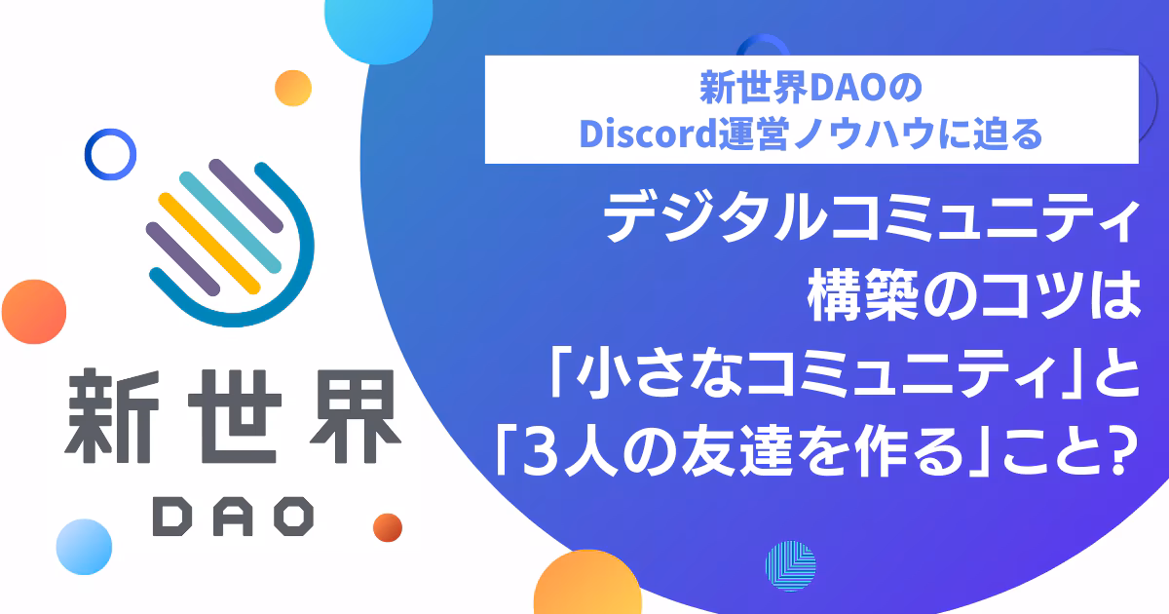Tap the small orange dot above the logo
[x=293, y=89]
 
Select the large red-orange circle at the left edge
[x=34, y=312]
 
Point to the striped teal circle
[x=791, y=566]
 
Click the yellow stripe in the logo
[x=209, y=244]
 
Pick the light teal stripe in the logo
[x=230, y=222]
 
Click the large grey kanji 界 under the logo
[x=356, y=416]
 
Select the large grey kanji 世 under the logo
[x=235, y=416]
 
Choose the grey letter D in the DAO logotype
[x=172, y=516]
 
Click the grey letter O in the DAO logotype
[x=294, y=516]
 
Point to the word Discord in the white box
[x=648, y=134]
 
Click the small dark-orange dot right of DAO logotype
[x=388, y=527]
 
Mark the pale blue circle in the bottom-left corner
[x=84, y=547]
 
